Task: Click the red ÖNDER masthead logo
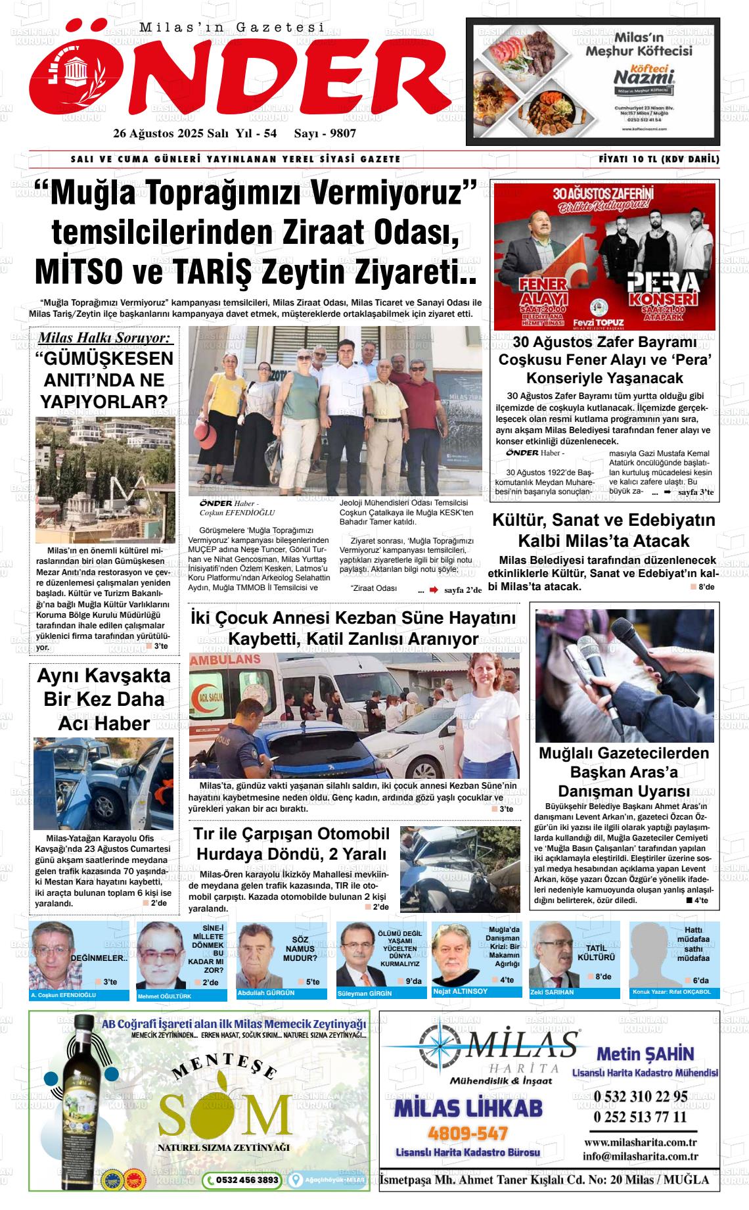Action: pyautogui.click(x=237, y=72)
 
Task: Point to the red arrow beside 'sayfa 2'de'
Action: pyautogui.click(x=434, y=590)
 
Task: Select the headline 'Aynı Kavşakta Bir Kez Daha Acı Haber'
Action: pyautogui.click(x=104, y=699)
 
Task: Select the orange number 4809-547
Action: pyautogui.click(x=468, y=1134)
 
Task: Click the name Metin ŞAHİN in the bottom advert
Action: pyautogui.click(x=645, y=1053)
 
